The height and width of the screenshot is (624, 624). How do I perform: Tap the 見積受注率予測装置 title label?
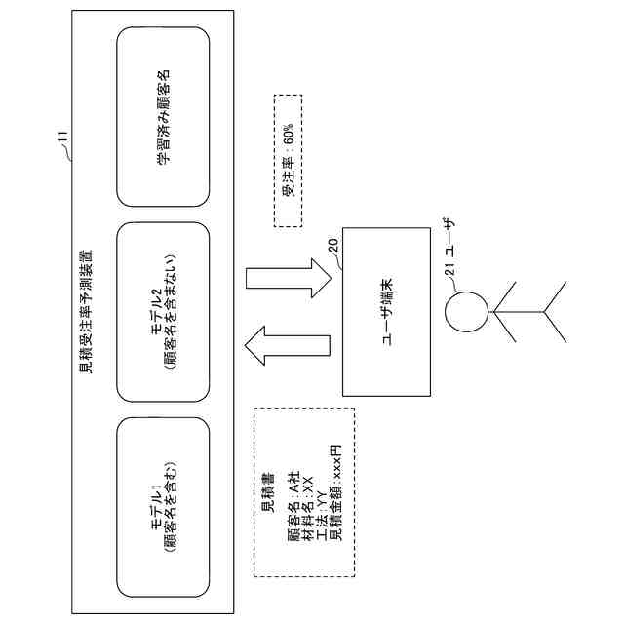pos(86,312)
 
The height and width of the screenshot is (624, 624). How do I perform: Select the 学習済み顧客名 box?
pos(163,117)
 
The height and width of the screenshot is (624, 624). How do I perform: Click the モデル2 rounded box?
pos(163,312)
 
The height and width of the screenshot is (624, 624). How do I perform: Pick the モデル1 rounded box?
pos(163,506)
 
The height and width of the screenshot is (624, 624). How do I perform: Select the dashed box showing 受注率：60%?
pos(289,161)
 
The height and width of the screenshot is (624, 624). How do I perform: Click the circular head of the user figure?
pos(464,312)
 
